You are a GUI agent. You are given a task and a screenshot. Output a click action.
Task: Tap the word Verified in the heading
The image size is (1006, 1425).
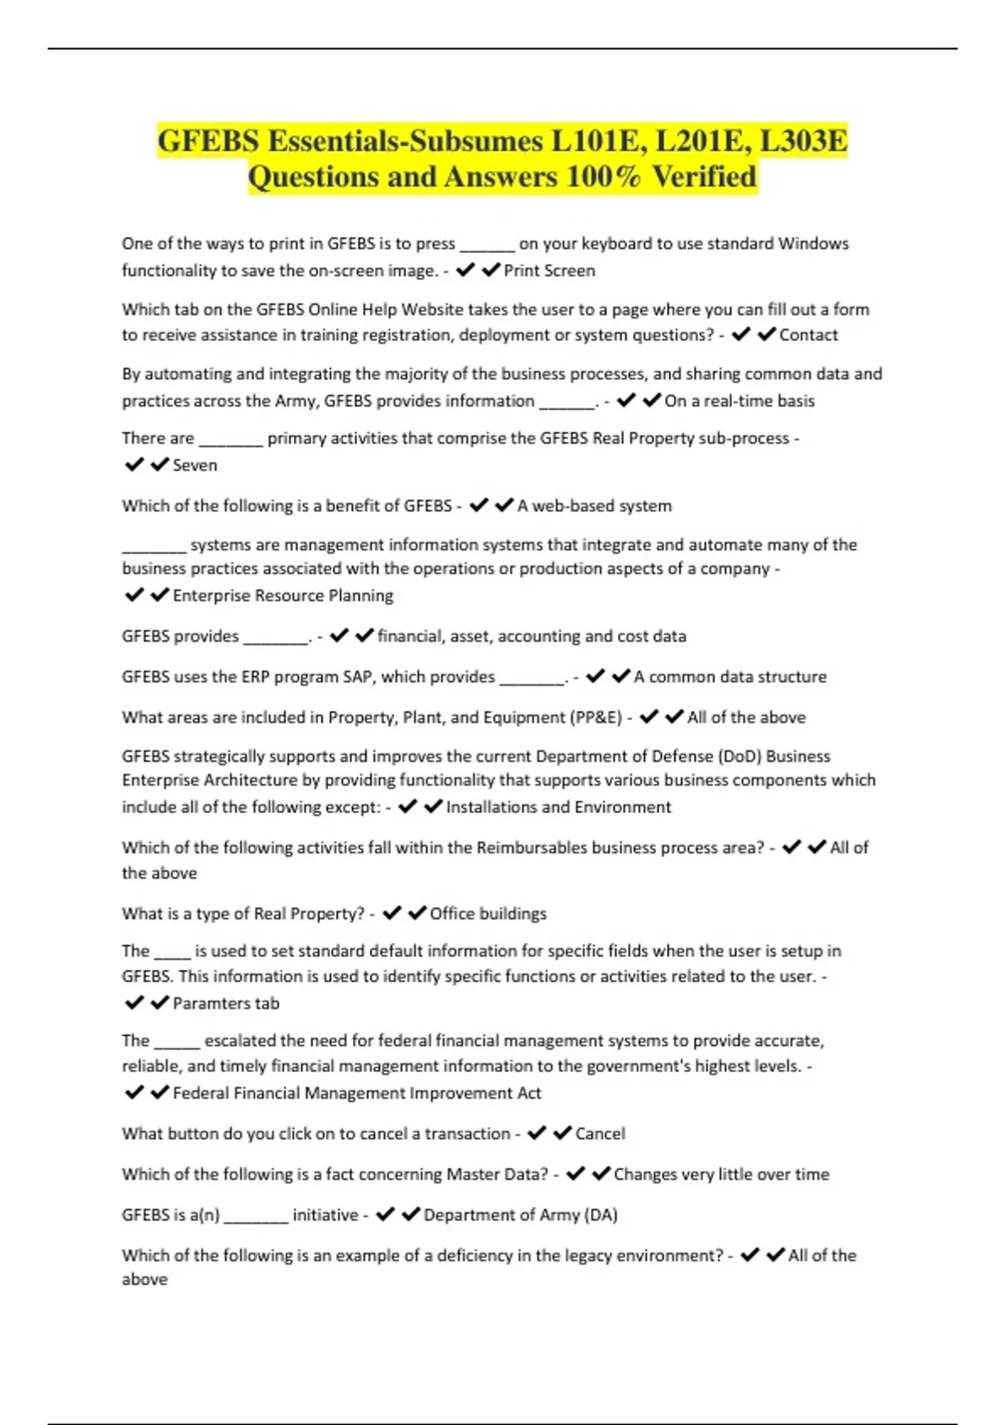(x=704, y=177)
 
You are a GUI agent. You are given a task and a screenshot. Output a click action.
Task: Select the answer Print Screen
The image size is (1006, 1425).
(x=549, y=271)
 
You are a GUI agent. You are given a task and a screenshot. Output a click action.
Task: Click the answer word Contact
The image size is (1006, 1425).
(x=808, y=335)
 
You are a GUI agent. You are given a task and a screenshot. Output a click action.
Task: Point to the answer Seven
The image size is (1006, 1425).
(x=194, y=465)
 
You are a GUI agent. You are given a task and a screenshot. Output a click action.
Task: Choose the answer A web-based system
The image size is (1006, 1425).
(x=594, y=506)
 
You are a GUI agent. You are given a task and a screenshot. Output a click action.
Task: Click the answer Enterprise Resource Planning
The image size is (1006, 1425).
(x=283, y=596)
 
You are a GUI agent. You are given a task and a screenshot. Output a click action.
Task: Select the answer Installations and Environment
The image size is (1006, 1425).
(x=558, y=807)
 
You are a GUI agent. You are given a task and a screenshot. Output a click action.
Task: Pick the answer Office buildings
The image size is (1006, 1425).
(x=488, y=914)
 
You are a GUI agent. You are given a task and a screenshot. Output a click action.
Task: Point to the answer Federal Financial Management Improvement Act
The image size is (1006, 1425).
(x=356, y=1093)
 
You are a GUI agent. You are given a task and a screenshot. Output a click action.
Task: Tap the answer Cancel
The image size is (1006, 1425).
(x=599, y=1134)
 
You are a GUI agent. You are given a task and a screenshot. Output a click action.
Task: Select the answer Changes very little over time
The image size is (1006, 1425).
(x=721, y=1174)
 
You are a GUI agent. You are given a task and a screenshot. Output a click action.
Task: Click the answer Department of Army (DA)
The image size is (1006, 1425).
(x=520, y=1215)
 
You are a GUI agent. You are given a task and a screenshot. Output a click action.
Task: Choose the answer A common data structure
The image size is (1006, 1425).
(x=729, y=677)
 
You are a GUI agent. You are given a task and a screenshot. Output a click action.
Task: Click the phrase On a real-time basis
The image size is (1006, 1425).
(x=739, y=402)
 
